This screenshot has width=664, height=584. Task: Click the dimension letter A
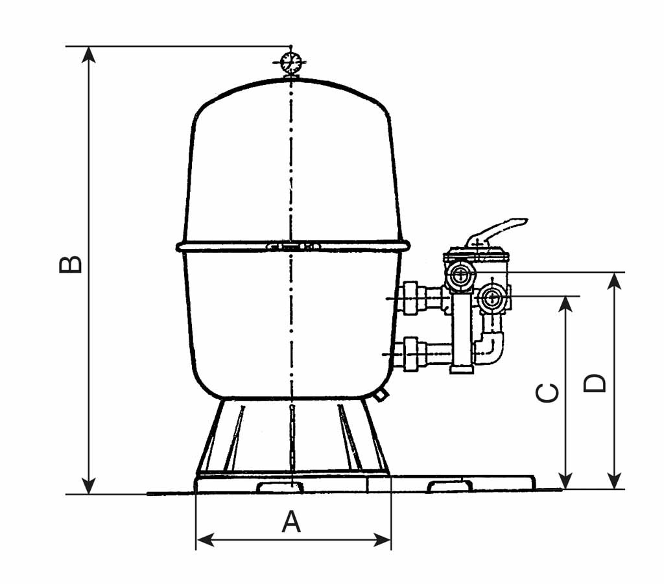pyautogui.click(x=291, y=521)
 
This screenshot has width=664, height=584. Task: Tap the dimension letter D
pyautogui.click(x=595, y=384)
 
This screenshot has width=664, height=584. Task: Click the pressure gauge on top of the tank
pyautogui.click(x=290, y=63)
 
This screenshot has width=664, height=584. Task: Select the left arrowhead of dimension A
pyautogui.click(x=205, y=539)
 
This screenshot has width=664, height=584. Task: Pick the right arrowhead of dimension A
pyautogui.click(x=382, y=539)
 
